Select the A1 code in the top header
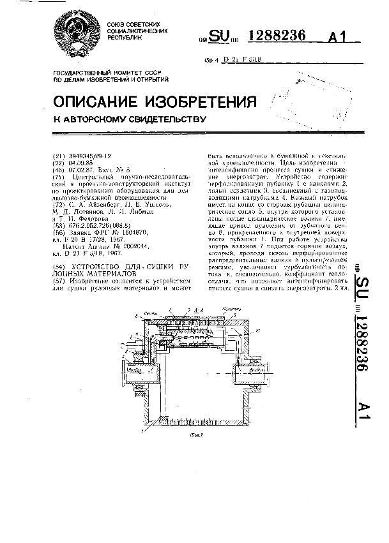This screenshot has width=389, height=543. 341,38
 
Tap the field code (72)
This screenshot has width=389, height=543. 57,198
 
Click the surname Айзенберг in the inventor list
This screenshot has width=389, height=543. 108,198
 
